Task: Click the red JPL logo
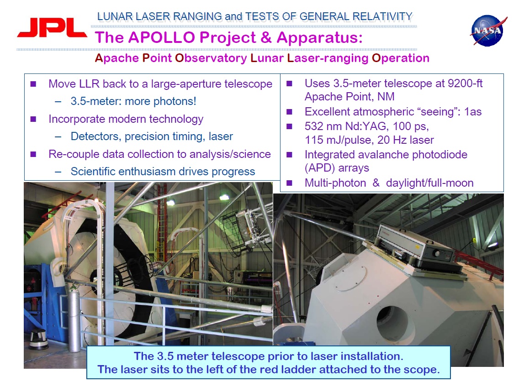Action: [52, 27]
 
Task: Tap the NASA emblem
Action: [488, 31]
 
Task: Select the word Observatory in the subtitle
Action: [211, 58]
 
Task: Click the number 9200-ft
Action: [465, 83]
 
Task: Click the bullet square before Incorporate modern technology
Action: [33, 119]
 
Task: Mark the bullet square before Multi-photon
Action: [289, 183]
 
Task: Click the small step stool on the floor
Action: [38, 339]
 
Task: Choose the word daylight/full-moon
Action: [430, 183]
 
